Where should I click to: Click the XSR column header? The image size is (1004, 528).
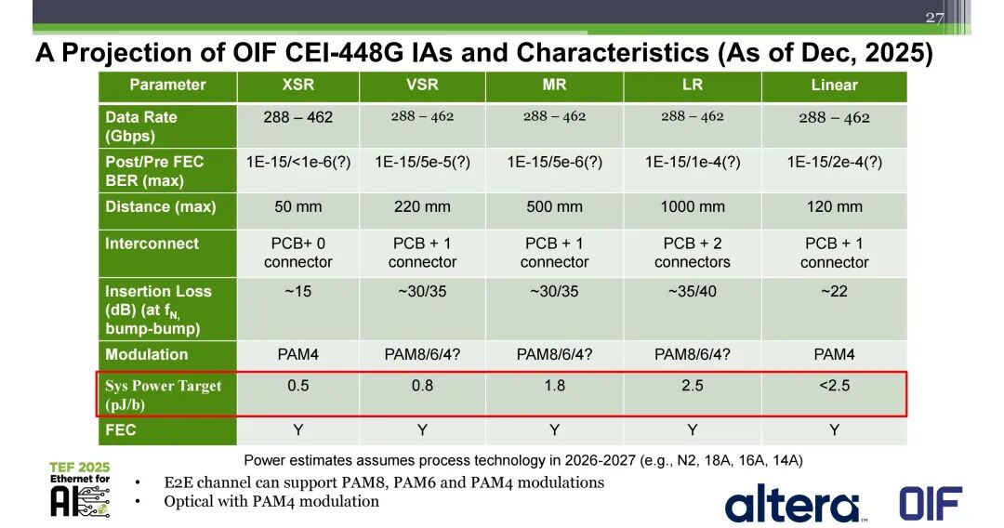coord(297,86)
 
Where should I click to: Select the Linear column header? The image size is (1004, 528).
coord(834,86)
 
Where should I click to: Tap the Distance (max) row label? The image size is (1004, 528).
coord(161,206)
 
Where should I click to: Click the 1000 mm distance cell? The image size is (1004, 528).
coord(693,206)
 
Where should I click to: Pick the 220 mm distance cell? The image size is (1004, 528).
coord(422,206)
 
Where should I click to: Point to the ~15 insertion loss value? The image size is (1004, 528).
coord(297,291)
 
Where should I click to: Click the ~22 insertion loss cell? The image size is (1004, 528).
coord(834,291)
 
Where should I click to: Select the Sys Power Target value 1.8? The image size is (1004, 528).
coord(554,385)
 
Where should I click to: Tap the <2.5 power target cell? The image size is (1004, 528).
coord(834,385)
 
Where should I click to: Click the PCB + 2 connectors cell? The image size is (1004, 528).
coord(693,253)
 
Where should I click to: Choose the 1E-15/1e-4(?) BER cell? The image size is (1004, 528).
coord(693,162)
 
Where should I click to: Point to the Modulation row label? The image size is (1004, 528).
coord(147,354)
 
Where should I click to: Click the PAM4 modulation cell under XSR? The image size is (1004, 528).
coord(297,354)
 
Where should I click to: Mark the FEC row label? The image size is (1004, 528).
coord(120,429)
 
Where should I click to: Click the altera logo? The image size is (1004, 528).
coord(793,504)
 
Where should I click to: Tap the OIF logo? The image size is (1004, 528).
coord(931,503)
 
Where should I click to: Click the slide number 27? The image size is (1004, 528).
coord(934,18)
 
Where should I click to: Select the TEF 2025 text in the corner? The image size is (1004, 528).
coord(79,468)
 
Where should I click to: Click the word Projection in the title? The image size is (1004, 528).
coord(132,52)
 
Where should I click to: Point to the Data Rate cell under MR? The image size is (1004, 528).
coord(554,116)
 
